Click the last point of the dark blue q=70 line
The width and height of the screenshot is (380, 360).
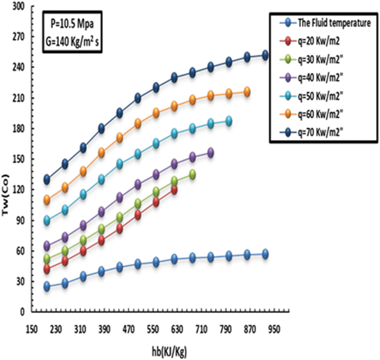(265, 55)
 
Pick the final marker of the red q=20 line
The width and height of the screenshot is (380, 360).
(174, 190)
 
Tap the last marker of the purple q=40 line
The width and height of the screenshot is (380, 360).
(210, 153)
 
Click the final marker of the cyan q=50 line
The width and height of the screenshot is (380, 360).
(229, 121)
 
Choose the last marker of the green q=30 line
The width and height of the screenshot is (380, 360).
(192, 175)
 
